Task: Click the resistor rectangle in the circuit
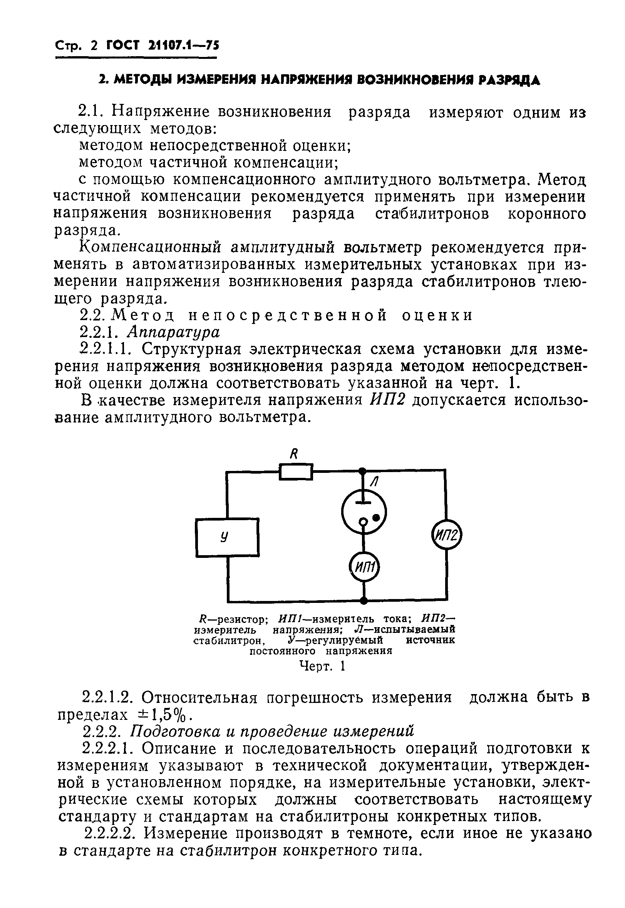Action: [296, 471]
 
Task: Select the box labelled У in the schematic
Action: [227, 537]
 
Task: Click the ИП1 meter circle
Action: [364, 567]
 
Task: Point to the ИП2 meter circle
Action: [446, 536]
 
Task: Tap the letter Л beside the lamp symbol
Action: [374, 482]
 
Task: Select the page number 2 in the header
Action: [94, 46]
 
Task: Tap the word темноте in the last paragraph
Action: [376, 833]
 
